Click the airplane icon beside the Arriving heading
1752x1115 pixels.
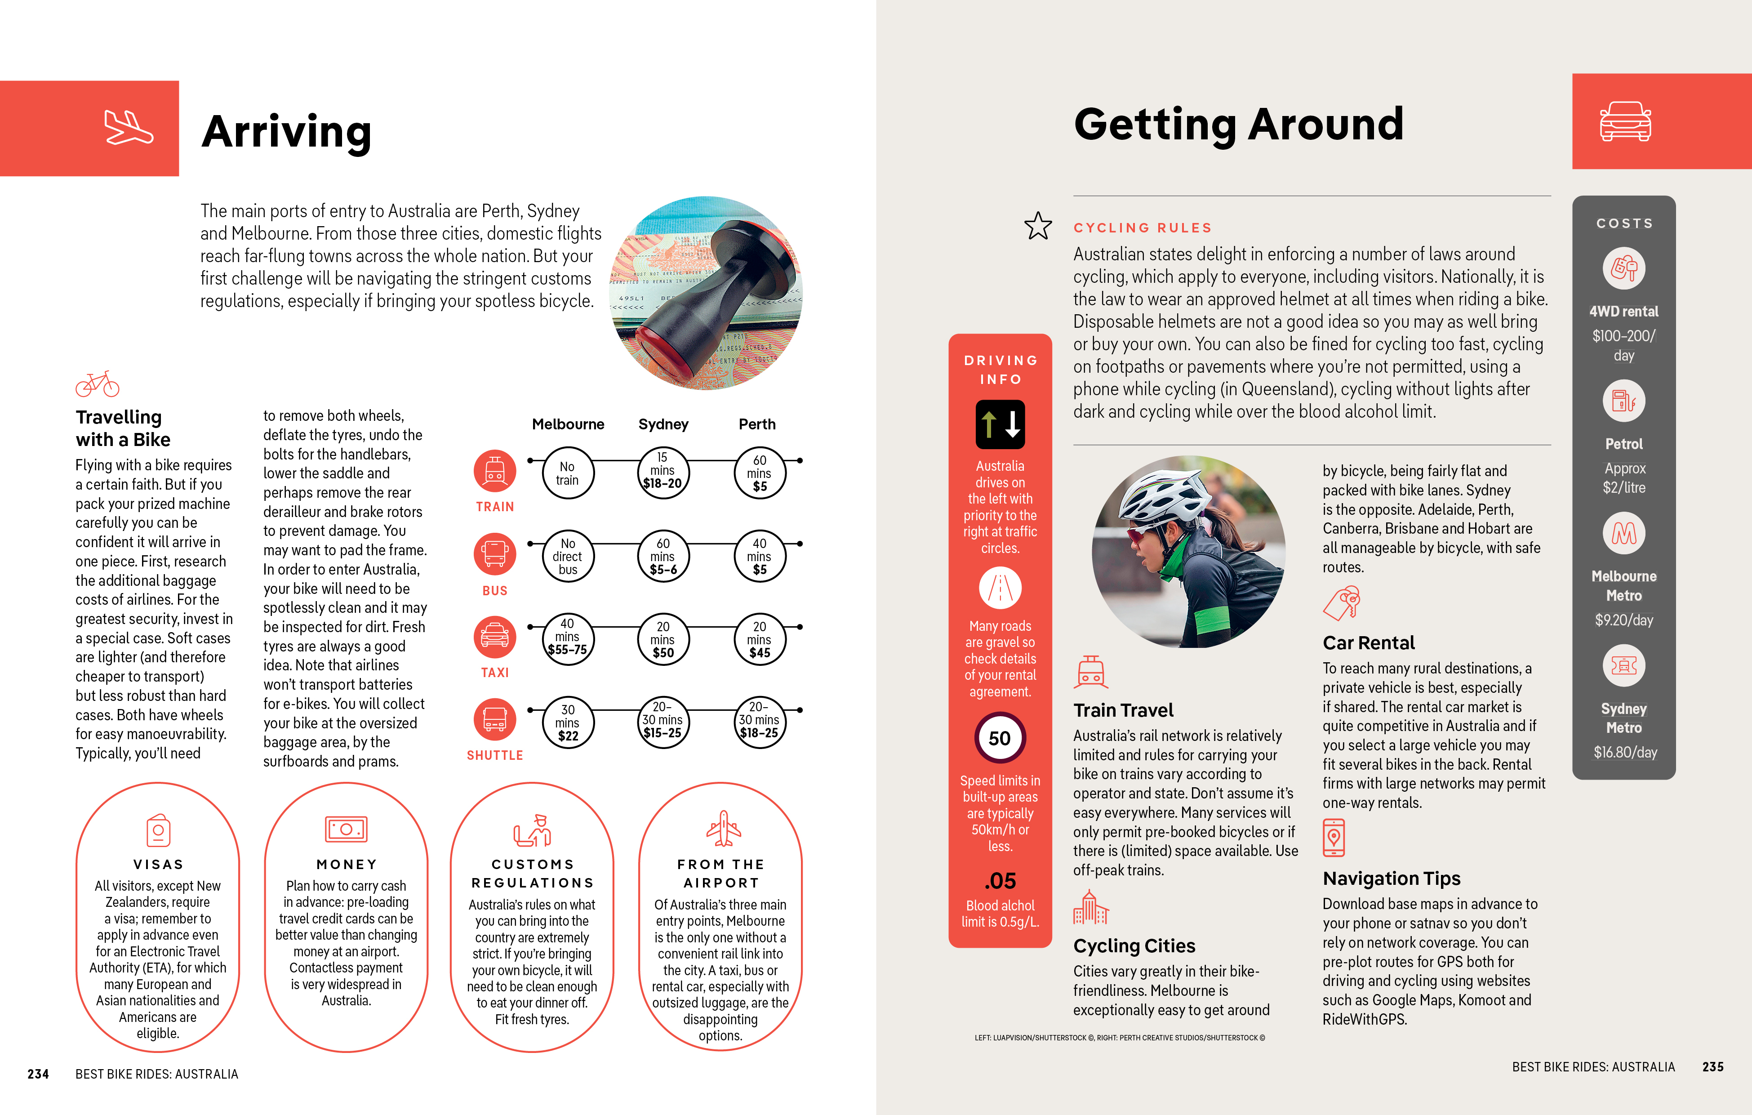pyautogui.click(x=128, y=128)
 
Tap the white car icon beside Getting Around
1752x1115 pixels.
pyautogui.click(x=1625, y=121)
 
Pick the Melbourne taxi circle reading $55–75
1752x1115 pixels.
pyautogui.click(x=568, y=638)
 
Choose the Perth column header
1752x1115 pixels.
pyautogui.click(x=757, y=424)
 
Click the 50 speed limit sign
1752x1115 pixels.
pyautogui.click(x=1000, y=738)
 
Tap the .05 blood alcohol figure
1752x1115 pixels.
pyautogui.click(x=1000, y=881)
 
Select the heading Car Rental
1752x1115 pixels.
pyautogui.click(x=1368, y=642)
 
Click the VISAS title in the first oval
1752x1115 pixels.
pyautogui.click(x=158, y=865)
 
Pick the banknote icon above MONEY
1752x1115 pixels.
pyautogui.click(x=347, y=829)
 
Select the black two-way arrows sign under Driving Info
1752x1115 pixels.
pyautogui.click(x=1000, y=424)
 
